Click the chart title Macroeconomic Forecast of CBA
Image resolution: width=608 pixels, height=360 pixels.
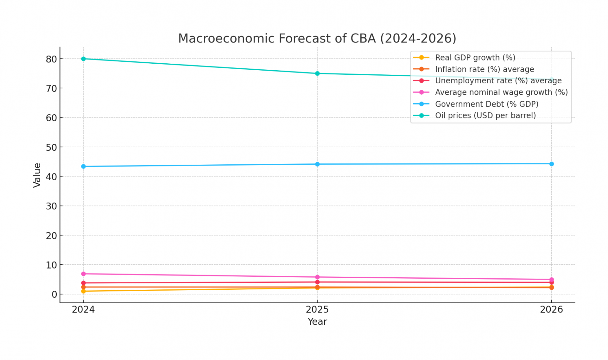click(317, 39)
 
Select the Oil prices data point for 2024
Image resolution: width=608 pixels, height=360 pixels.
click(83, 59)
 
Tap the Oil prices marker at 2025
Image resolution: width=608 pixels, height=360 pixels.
click(317, 73)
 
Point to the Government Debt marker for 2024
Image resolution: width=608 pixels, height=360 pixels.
click(83, 167)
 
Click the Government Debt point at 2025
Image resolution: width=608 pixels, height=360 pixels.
click(317, 164)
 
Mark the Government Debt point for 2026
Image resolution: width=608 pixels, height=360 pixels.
click(551, 164)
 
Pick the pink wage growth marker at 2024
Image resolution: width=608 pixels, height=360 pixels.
click(83, 274)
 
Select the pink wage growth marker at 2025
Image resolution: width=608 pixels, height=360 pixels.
click(317, 277)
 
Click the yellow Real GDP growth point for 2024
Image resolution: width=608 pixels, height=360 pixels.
click(83, 291)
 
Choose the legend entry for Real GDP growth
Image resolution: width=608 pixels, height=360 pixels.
click(475, 58)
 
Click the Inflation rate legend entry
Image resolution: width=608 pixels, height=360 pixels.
click(484, 69)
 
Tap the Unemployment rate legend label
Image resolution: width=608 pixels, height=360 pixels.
click(498, 81)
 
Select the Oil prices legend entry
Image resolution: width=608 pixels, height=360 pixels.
click(485, 116)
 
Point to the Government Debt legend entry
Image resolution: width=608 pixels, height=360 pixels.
click(486, 104)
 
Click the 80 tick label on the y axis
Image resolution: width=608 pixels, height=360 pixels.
click(51, 59)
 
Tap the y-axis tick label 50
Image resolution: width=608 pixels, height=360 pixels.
click(51, 148)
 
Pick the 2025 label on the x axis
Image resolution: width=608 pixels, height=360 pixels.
click(317, 310)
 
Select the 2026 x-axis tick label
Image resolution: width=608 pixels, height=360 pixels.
click(551, 310)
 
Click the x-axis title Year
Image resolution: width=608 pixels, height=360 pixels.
click(317, 322)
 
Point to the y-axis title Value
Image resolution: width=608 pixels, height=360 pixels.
click(37, 175)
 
